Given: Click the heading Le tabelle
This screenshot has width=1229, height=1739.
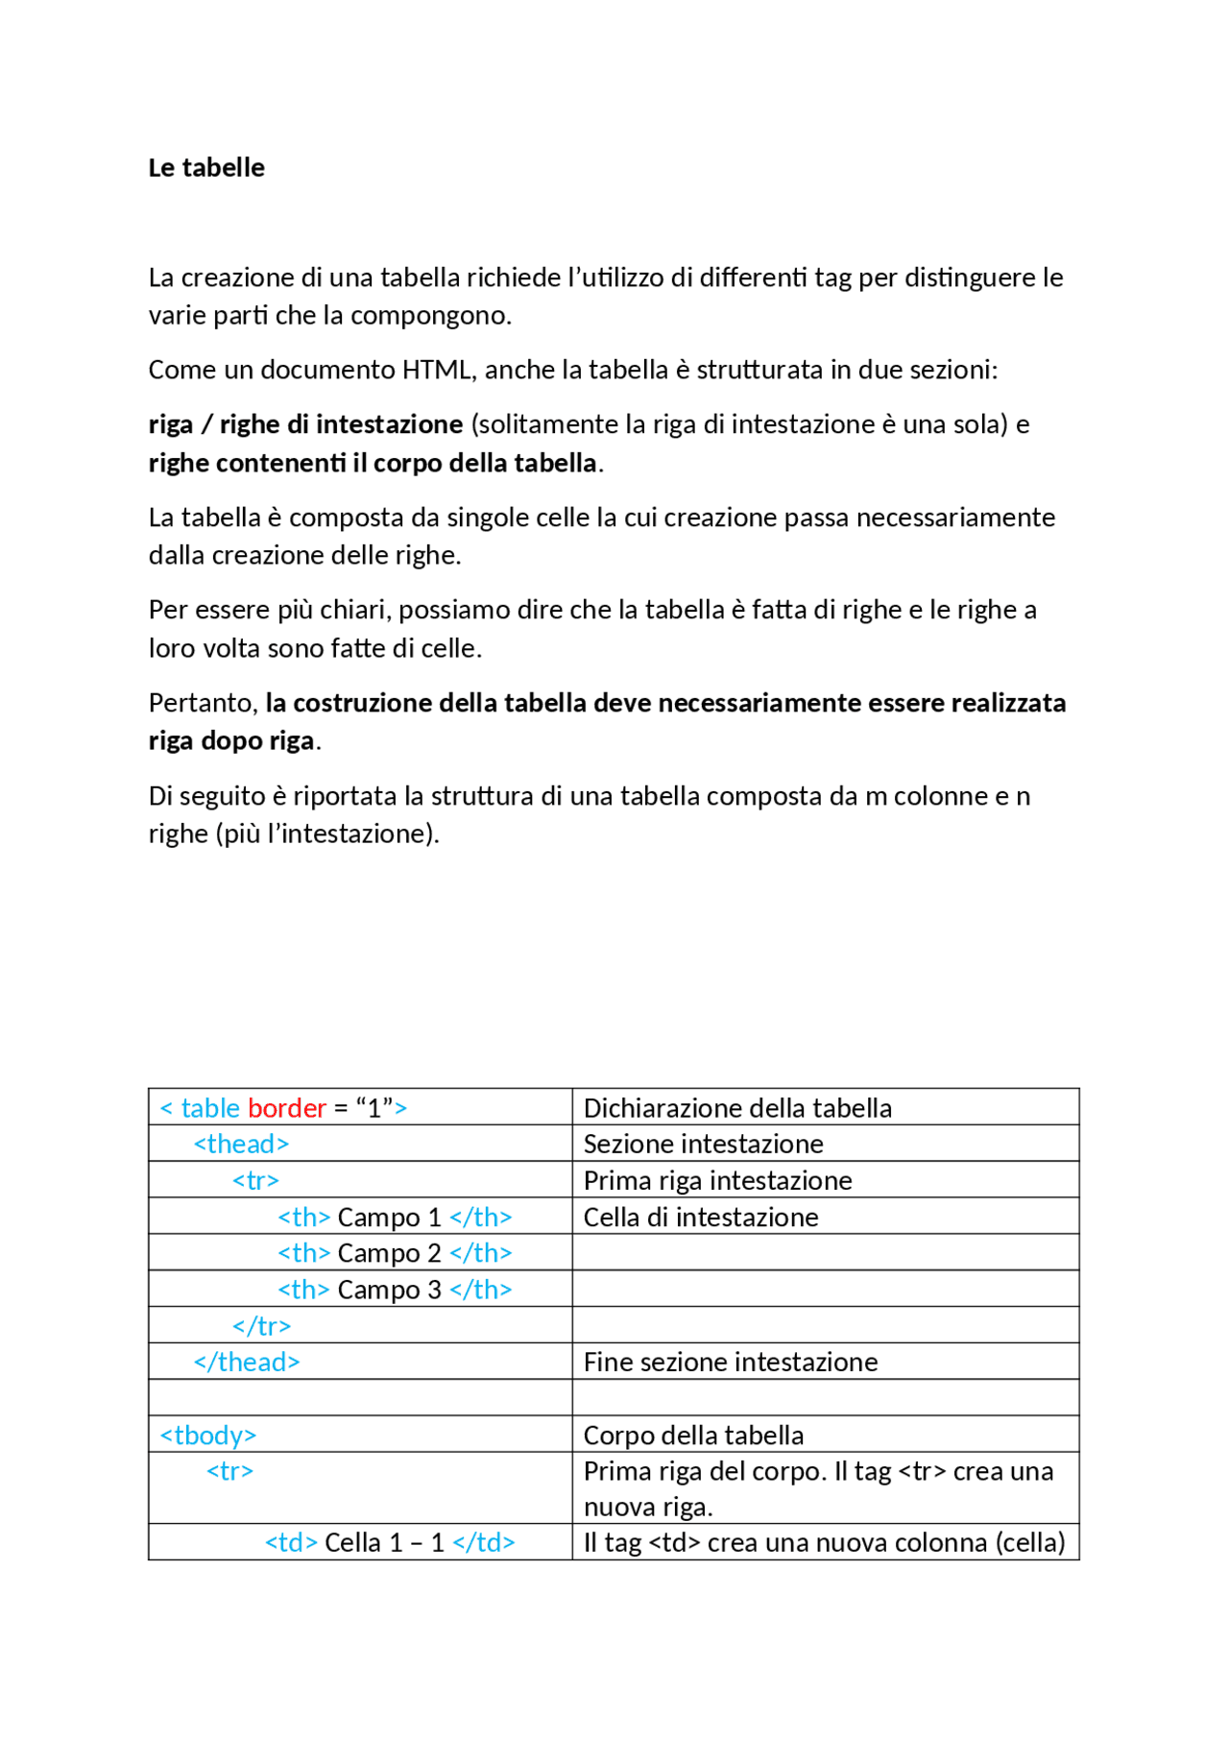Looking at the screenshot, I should point(206,167).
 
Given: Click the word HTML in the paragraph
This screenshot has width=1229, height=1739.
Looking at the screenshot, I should point(438,370).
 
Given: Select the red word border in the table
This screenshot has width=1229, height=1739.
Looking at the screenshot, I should point(286,1108).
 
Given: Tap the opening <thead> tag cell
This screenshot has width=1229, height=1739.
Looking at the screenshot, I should point(241,1144).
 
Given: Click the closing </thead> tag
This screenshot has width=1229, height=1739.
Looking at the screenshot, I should point(247,1362).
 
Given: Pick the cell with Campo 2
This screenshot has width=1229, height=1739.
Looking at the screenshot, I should point(395,1253).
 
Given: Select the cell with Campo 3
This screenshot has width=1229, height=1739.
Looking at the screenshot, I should point(395,1290).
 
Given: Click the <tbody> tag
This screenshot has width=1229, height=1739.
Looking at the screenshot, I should point(208,1435).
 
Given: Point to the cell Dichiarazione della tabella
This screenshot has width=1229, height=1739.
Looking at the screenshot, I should point(737,1108).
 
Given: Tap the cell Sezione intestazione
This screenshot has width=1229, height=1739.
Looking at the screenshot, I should point(703,1144).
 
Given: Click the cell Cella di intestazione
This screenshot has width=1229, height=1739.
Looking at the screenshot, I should point(701,1217).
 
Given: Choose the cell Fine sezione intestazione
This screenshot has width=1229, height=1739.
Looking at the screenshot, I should point(731,1362).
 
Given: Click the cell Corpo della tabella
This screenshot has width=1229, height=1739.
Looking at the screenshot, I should point(693,1435).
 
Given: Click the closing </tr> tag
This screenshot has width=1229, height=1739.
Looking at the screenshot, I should point(261,1326).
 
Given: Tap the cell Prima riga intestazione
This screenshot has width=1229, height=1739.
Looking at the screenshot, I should point(717,1180).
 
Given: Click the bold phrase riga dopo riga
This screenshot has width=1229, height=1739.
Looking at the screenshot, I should point(231,740).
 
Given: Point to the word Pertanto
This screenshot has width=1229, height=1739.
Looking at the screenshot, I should point(202,703).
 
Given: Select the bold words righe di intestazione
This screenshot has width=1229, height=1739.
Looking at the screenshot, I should point(342,424).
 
